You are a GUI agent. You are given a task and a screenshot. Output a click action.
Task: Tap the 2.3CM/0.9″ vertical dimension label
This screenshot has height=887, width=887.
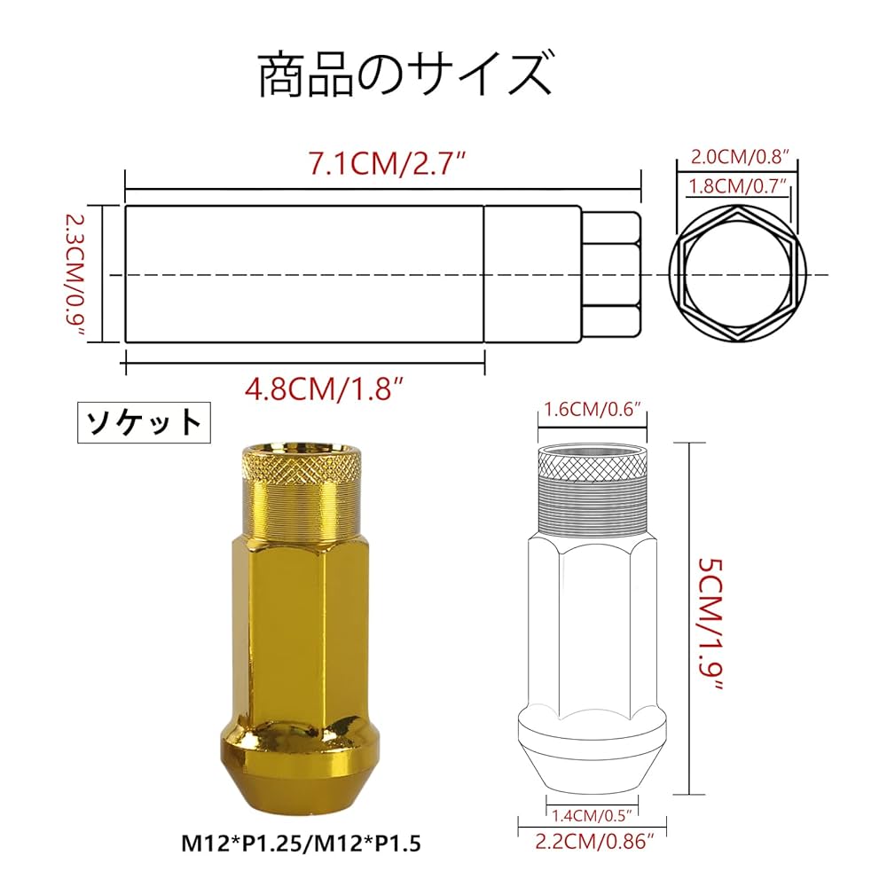(x=77, y=274)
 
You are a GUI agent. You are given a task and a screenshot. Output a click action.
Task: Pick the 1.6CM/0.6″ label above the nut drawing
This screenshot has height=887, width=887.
(x=592, y=411)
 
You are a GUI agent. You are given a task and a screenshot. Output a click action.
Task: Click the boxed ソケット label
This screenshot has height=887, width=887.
(x=144, y=422)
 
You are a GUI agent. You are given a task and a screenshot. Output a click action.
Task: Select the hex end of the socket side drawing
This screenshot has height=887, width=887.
(x=610, y=274)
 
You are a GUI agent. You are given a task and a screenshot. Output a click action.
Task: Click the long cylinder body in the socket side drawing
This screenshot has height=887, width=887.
(x=304, y=274)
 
